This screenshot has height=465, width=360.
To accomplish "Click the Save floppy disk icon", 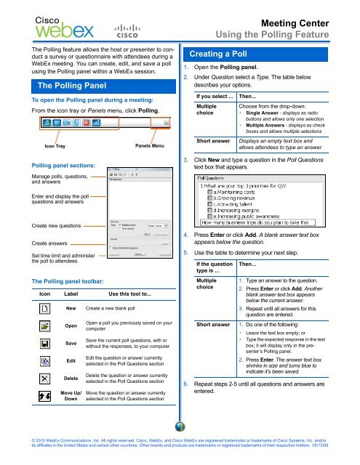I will tap(44, 343).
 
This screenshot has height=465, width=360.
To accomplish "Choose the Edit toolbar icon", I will tap(44, 360).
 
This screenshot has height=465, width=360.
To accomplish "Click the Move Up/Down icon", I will tap(44, 397).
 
